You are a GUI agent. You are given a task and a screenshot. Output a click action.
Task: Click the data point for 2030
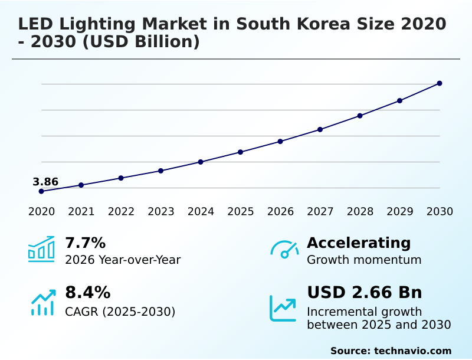[x=440, y=83]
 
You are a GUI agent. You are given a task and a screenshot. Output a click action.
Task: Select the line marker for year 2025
[x=241, y=152]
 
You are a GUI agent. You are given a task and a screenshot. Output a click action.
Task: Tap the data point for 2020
[x=41, y=191]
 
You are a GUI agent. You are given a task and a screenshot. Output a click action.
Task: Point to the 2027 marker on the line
[x=320, y=129]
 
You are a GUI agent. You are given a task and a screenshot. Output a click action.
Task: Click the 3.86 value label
[x=45, y=182]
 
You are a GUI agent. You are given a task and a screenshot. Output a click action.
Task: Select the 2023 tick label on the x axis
[x=161, y=212]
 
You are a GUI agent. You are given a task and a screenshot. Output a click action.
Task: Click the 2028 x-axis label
[x=360, y=212]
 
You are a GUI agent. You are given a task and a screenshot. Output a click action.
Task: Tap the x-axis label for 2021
[x=81, y=212]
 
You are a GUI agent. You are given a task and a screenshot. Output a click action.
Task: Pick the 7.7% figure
[x=85, y=243]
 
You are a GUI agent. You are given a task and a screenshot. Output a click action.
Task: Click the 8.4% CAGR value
[x=87, y=293]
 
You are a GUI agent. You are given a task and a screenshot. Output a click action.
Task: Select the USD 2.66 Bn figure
[x=364, y=293]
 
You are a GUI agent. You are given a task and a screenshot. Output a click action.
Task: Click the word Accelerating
[x=359, y=243]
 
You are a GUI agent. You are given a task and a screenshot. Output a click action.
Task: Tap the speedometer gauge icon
[x=284, y=250]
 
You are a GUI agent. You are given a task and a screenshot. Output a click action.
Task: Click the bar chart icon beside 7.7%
[x=41, y=249]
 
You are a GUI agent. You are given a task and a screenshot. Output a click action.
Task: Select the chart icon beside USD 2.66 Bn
[x=283, y=307]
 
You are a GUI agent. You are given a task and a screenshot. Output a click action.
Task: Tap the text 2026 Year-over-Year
[x=123, y=260]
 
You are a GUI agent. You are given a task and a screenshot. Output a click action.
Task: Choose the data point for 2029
[x=399, y=100]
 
